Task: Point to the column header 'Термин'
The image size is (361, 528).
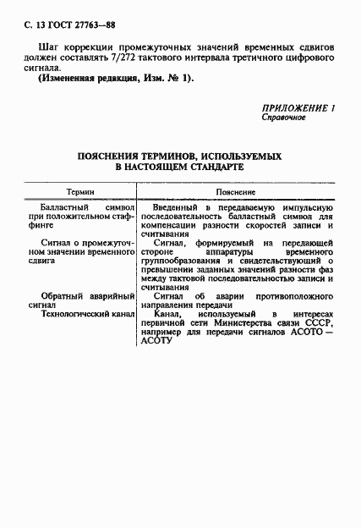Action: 81,192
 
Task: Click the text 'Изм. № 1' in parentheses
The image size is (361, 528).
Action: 167,78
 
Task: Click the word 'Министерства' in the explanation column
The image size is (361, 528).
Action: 248,325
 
